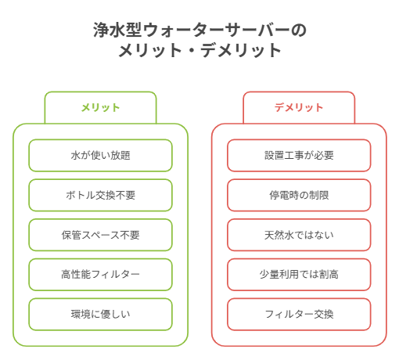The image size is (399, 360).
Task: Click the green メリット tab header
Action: tap(100, 107)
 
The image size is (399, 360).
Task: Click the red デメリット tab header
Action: tap(299, 107)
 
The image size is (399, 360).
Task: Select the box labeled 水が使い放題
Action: tap(100, 156)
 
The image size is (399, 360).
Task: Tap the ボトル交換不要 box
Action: tap(100, 195)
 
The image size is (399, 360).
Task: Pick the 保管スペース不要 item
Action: tap(100, 235)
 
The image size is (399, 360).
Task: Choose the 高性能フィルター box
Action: tap(100, 275)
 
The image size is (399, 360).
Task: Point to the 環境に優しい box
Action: tap(100, 314)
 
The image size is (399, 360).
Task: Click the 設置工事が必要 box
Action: tap(299, 156)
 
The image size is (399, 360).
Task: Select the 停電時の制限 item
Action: tap(299, 195)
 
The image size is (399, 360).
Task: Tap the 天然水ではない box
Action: tap(299, 235)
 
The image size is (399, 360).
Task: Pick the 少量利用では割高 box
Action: tap(299, 275)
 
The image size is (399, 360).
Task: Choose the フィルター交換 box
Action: tap(299, 314)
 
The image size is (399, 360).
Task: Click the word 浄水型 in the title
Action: tap(117, 30)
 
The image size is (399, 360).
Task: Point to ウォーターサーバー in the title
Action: tap(216, 31)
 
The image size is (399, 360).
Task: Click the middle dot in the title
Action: tap(192, 51)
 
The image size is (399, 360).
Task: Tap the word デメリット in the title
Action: tap(241, 50)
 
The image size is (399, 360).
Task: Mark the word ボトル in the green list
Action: tap(81, 195)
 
